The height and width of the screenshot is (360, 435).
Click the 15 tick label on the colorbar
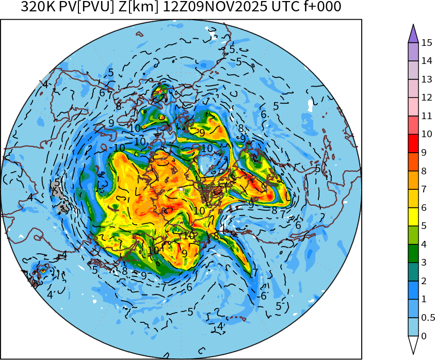point(426,43)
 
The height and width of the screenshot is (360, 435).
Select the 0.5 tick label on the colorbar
point(428,317)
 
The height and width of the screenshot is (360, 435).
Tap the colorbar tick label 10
point(426,134)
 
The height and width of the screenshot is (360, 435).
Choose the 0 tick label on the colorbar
point(424,336)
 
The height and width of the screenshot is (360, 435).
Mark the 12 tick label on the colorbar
point(426,97)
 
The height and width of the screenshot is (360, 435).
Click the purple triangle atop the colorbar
point(413,34)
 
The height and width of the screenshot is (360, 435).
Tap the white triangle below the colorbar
point(413,345)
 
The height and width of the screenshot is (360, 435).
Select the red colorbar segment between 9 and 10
point(413,143)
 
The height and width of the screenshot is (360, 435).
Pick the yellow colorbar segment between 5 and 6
point(413,217)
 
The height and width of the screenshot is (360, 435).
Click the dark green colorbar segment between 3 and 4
point(413,253)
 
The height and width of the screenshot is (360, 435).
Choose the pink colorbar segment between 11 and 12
point(413,107)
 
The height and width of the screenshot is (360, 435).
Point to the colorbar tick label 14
point(426,61)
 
